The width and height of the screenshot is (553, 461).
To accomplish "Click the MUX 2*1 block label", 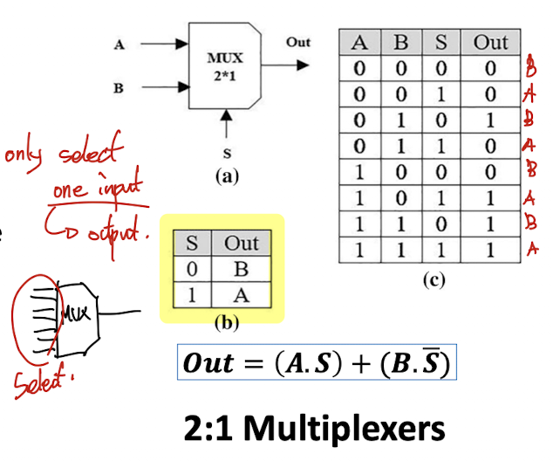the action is [225, 66].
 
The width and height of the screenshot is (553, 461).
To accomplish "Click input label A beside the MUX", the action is [119, 45].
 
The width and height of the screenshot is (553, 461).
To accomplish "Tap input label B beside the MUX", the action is [119, 88].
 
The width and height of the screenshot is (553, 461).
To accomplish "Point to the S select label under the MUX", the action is [227, 153].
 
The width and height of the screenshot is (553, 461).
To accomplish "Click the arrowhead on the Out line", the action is [303, 65].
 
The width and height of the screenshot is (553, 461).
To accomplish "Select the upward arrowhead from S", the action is [226, 115].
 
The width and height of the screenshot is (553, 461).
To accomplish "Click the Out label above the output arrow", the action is [298, 42].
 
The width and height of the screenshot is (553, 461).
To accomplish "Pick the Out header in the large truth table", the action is [490, 43].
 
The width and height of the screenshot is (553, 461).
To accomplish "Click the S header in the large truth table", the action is [440, 43].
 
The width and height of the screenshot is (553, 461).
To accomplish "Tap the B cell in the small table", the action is [242, 269].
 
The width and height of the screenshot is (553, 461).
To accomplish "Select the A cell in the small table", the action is [242, 295].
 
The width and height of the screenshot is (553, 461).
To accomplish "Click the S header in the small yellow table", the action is [192, 243].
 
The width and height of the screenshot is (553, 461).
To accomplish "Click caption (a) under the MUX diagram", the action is [227, 175].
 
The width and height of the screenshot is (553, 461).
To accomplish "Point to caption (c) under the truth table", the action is [434, 280].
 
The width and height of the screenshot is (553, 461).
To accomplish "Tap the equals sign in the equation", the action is [254, 363].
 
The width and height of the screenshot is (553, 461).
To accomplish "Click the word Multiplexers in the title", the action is [345, 429].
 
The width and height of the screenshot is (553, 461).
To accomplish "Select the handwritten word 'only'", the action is [24, 155].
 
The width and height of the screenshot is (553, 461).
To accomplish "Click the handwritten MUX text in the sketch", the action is [75, 313].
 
